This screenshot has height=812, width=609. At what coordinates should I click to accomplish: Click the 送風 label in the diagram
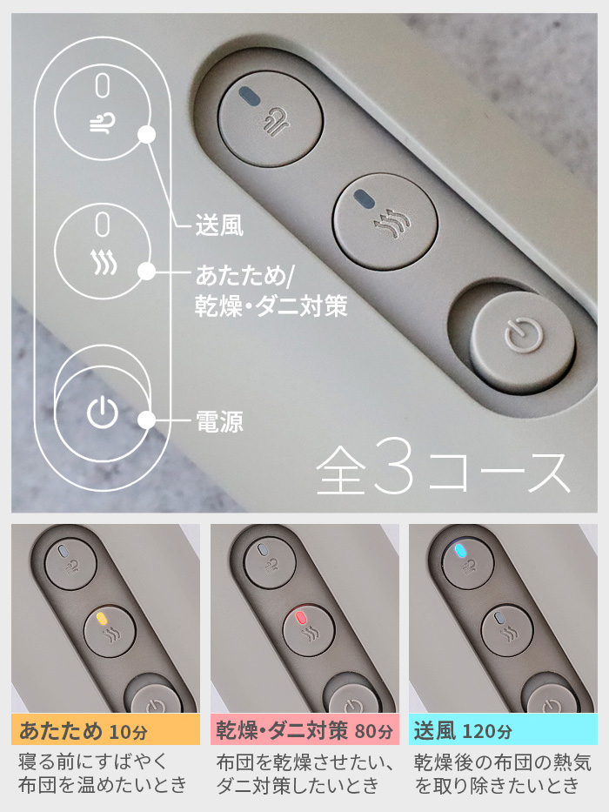point(217,228)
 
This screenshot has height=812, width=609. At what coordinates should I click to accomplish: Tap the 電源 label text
point(217,423)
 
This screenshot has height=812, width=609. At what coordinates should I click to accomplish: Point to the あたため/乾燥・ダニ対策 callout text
point(271,292)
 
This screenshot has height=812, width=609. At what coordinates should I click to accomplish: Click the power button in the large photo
point(522,335)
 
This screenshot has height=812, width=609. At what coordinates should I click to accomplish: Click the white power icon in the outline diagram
point(102,413)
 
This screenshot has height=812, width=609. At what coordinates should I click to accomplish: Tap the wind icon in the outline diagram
point(102,125)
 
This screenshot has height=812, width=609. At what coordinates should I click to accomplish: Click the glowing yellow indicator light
point(103,619)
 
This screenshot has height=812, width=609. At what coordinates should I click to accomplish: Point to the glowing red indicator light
point(301,619)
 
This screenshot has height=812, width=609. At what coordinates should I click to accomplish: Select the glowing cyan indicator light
point(460,551)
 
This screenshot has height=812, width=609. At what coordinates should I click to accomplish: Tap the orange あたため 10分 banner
point(105,728)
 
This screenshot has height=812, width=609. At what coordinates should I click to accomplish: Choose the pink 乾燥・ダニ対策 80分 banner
point(304,728)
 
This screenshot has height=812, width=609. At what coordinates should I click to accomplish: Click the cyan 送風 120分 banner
point(503,728)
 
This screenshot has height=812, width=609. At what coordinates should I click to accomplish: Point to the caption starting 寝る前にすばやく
point(103,773)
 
